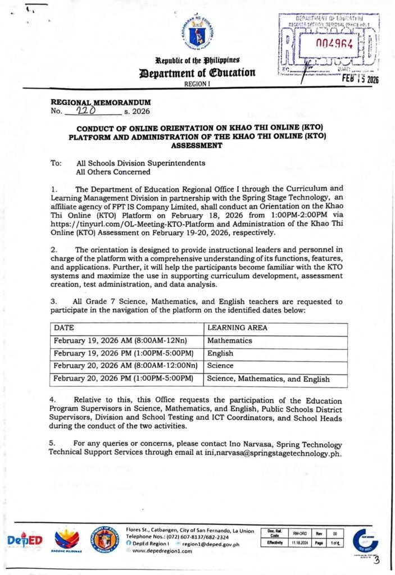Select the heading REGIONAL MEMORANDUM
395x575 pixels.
(101, 103)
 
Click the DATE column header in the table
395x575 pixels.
(63, 327)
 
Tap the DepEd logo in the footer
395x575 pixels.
(25, 540)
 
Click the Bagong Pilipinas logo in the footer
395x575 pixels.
(67, 540)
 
